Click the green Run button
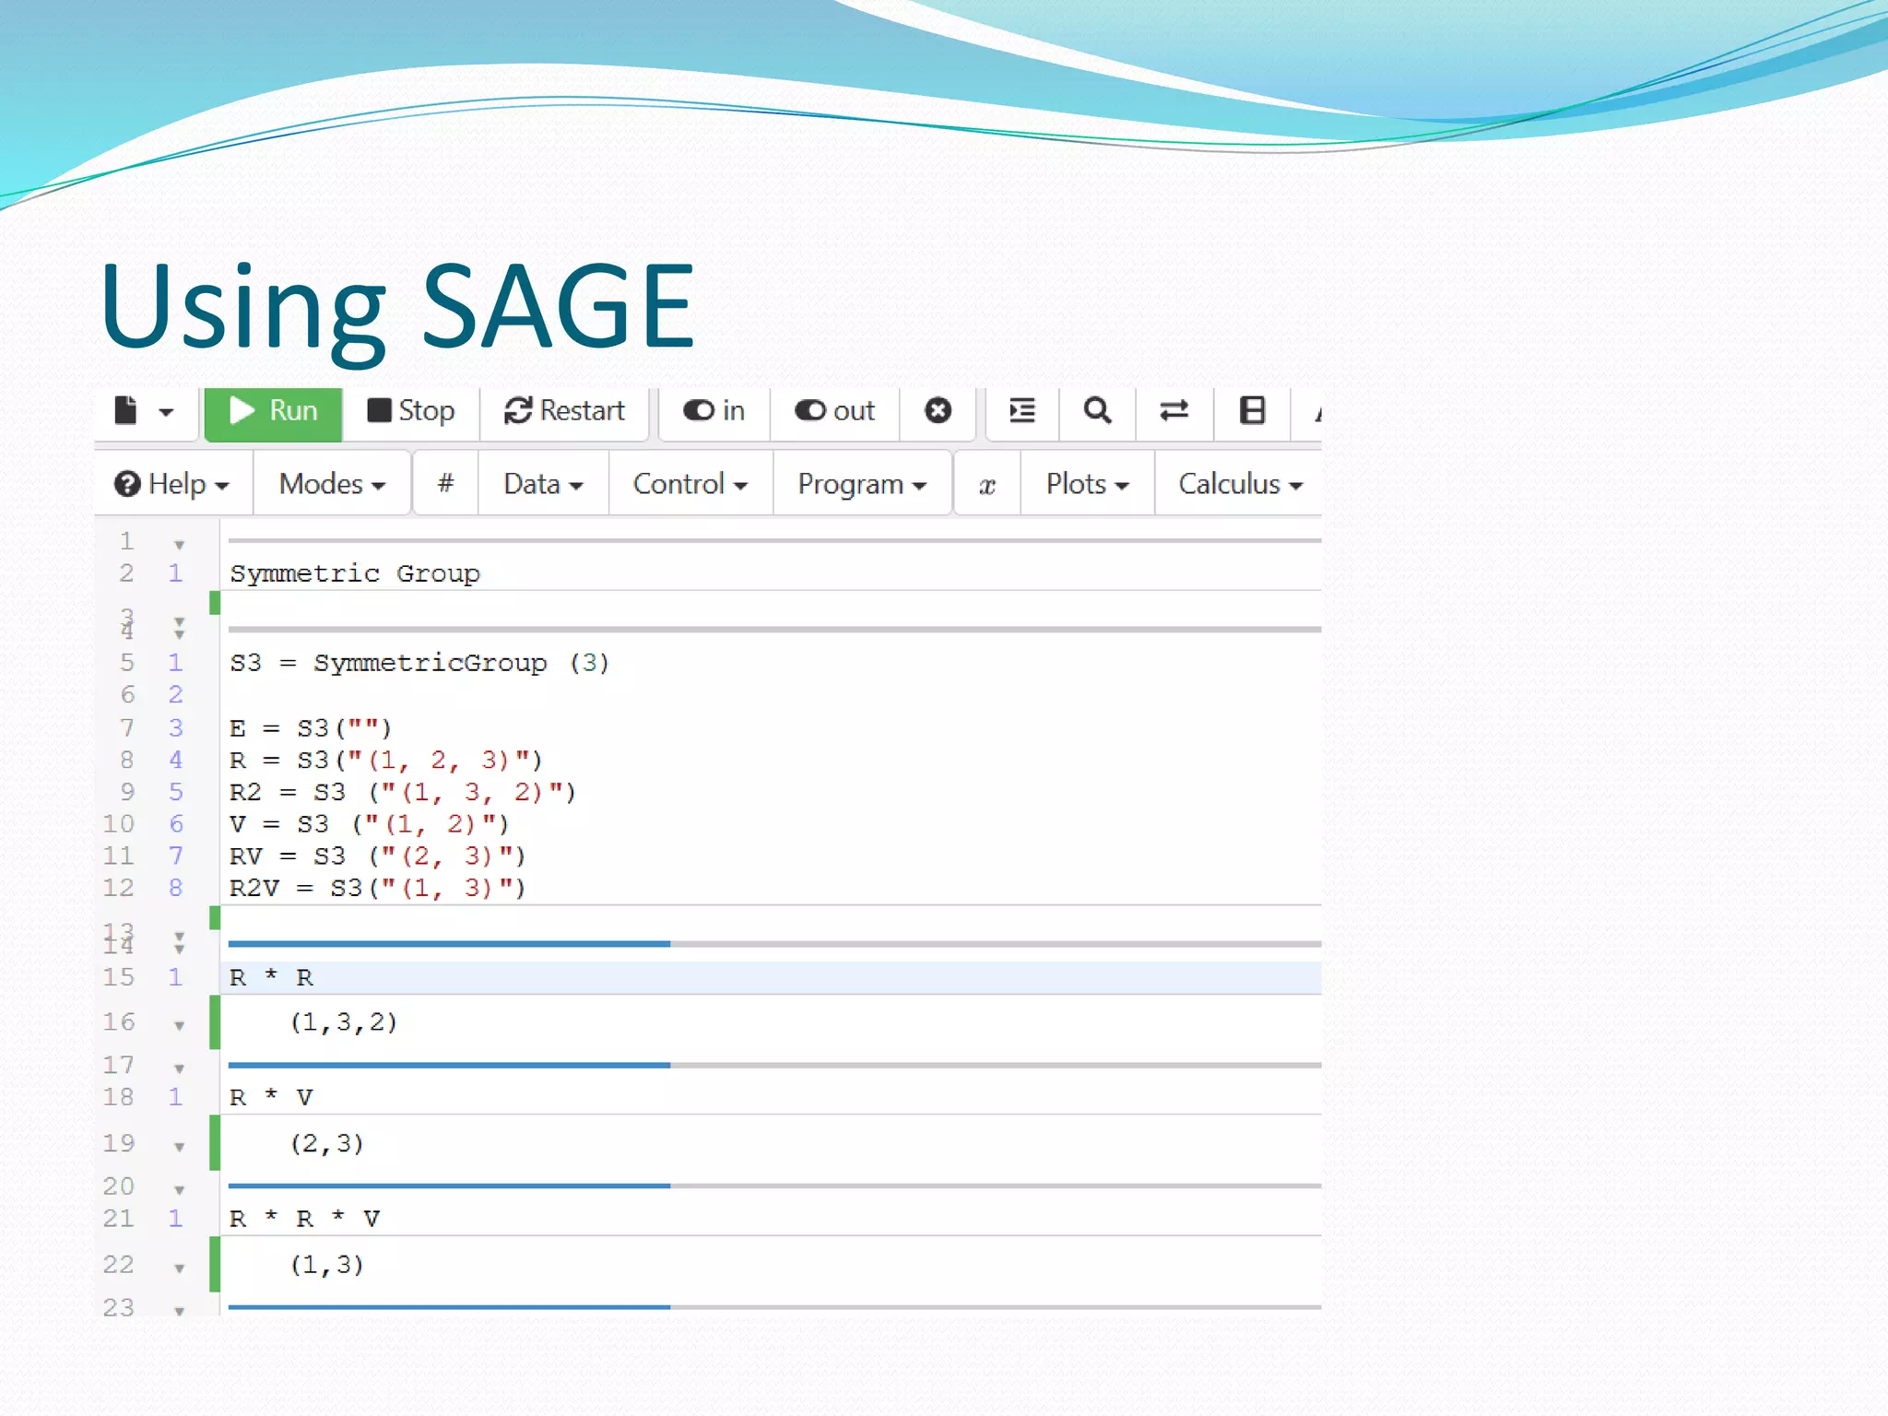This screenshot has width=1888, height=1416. point(274,412)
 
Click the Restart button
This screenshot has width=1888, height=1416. point(564,411)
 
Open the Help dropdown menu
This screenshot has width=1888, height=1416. point(172,484)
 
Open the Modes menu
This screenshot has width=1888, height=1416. point(332,484)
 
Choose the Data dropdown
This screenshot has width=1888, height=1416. point(543,484)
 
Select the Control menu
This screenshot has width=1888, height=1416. point(690,484)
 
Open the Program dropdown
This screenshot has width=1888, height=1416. point(861,484)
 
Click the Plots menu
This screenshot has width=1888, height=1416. point(1087,484)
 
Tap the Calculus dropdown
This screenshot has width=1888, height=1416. point(1239,484)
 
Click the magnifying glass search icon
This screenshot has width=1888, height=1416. point(1096,411)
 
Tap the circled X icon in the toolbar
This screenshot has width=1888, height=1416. point(938,411)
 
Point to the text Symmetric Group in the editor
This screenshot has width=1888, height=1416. point(355,573)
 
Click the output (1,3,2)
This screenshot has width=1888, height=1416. point(344,1022)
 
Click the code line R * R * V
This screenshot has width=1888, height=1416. point(304,1219)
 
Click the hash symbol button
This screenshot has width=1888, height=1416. point(445,484)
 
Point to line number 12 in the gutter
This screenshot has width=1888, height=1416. point(119,888)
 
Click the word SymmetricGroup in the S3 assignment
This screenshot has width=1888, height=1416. point(430,663)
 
